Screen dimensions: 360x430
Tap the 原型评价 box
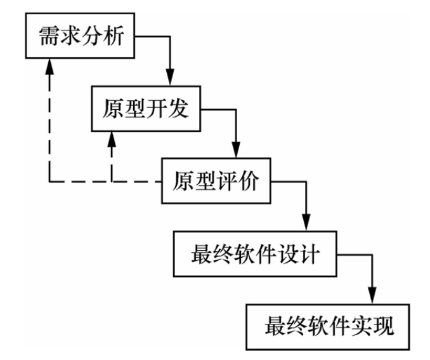click(216, 182)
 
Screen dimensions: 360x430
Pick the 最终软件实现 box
click(329, 328)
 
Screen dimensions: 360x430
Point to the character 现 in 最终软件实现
click(390, 328)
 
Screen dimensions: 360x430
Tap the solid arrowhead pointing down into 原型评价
click(237, 151)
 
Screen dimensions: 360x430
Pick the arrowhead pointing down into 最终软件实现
click(373, 297)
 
